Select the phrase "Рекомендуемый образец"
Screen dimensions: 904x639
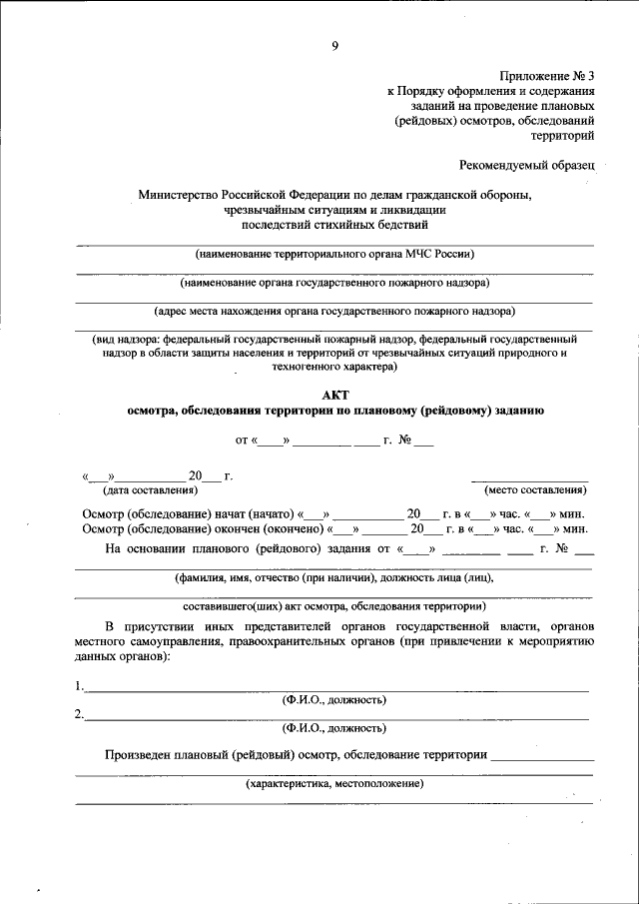[x=527, y=163]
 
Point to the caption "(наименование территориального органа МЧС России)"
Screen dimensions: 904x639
[x=334, y=255]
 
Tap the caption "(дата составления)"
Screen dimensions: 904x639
[x=150, y=489]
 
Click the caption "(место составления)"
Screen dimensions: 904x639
[x=535, y=489]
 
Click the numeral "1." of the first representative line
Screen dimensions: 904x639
[x=79, y=686]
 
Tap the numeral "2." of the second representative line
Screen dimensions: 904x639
[x=79, y=714]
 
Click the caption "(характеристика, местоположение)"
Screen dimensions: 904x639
[x=334, y=783]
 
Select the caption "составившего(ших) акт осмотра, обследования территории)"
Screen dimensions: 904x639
[x=334, y=605]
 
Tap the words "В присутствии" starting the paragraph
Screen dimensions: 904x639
[x=146, y=626]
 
